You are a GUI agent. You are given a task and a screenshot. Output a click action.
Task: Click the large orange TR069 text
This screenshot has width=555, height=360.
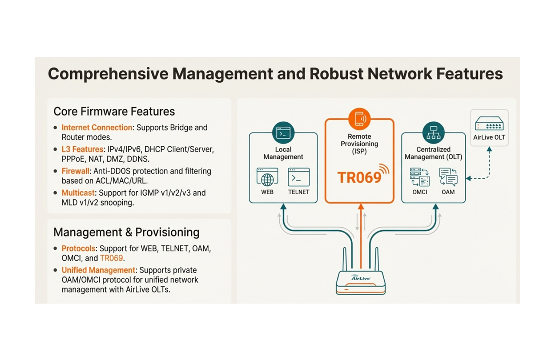point(359,177)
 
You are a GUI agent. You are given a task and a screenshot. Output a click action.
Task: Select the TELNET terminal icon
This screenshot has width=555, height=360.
point(299,177)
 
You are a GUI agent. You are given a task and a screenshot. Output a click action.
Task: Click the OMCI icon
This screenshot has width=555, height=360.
point(419,177)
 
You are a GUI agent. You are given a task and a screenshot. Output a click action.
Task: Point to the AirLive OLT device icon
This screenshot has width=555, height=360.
point(489,124)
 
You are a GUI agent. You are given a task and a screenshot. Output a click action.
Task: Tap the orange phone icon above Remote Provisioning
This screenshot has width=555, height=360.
point(359,118)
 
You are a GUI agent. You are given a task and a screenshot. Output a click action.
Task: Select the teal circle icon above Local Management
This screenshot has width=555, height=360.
point(283,133)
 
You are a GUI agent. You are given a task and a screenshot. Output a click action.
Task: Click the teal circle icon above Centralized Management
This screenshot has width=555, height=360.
point(434,133)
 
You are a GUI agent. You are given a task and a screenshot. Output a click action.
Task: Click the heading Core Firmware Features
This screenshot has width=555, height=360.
point(114,111)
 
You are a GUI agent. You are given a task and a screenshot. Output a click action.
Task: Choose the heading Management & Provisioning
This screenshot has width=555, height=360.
point(126,232)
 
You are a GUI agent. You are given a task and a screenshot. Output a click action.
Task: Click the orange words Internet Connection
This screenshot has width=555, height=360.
point(97,128)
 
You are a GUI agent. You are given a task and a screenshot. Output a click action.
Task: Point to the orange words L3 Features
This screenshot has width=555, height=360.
point(82,149)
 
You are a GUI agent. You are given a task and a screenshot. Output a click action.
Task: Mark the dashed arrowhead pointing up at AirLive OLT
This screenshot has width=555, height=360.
point(489,149)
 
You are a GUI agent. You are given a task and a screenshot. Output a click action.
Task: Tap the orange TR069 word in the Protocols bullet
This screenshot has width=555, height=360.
point(111,258)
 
